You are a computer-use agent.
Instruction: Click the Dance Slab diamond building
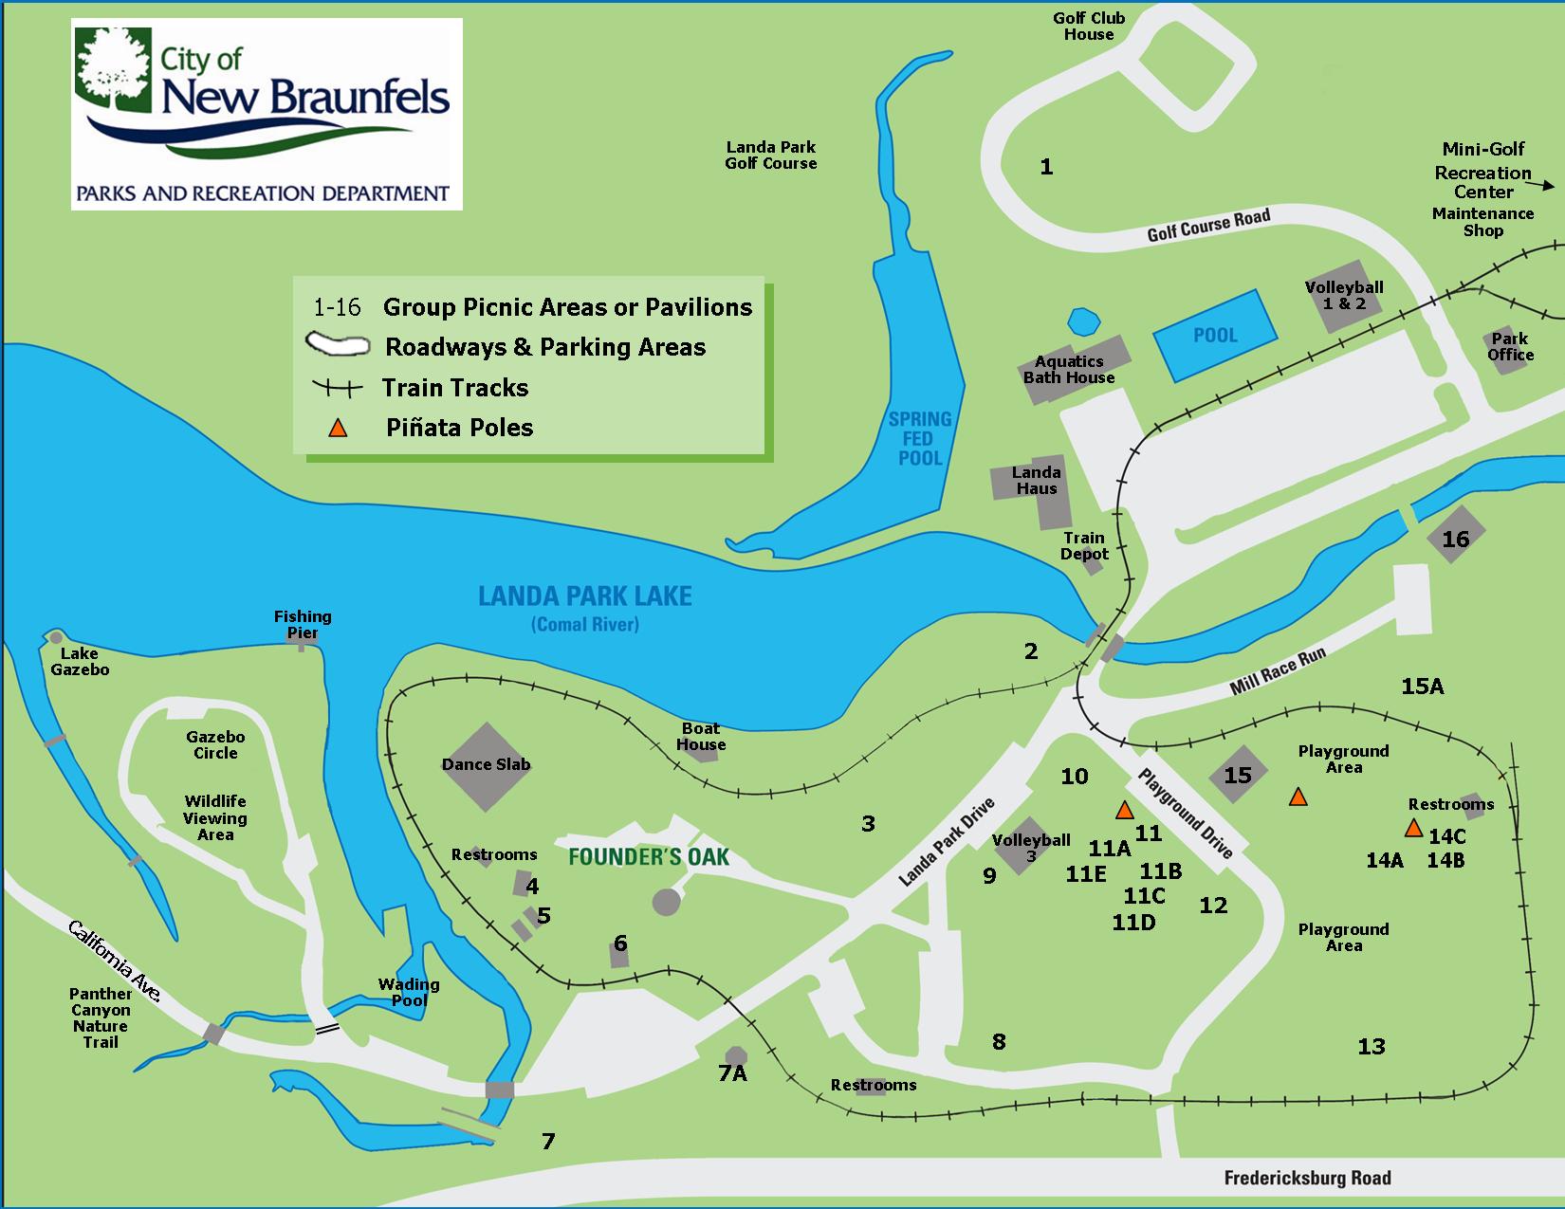tap(486, 765)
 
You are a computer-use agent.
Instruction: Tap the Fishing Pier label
tap(303, 624)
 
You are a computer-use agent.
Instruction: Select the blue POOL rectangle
tap(1214, 335)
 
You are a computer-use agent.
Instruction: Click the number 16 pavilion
tap(1455, 538)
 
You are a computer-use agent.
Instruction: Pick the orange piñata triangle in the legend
tap(337, 429)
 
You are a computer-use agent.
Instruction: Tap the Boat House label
tap(701, 736)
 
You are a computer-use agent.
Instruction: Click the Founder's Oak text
tap(649, 857)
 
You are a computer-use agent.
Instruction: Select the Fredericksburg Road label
tap(1307, 1178)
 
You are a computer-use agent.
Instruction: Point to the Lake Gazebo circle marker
tap(56, 636)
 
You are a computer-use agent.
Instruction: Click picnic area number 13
tap(1372, 1046)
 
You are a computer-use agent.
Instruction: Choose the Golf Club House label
tap(1088, 27)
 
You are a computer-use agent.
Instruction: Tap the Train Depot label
tap(1084, 545)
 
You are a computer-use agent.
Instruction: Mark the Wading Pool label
tap(409, 992)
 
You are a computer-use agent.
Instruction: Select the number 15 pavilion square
tap(1237, 775)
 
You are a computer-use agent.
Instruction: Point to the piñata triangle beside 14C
tap(1413, 828)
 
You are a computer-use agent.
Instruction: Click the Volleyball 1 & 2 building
tap(1344, 295)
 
